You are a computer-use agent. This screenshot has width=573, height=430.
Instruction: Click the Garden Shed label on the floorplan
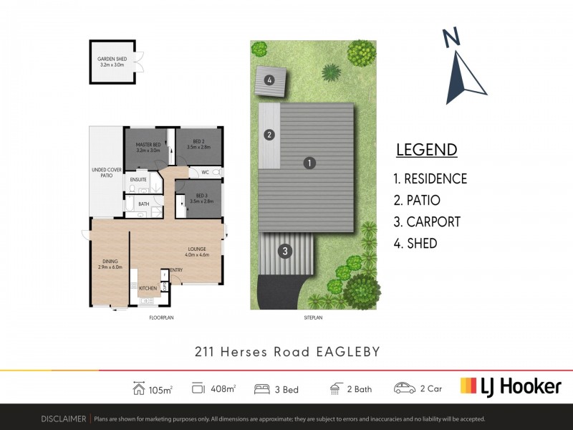pyautogui.click(x=112, y=62)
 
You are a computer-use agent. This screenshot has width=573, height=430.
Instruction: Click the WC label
pyautogui.click(x=205, y=172)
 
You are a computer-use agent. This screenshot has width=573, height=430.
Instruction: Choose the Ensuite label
pyautogui.click(x=139, y=179)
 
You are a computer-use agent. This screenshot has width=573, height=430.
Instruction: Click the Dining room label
pyautogui.click(x=110, y=264)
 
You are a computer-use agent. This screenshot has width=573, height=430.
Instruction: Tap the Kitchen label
pyautogui.click(x=148, y=288)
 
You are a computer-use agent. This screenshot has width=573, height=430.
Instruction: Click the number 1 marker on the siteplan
pyautogui.click(x=309, y=163)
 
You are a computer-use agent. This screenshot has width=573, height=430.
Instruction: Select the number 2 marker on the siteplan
pyautogui.click(x=269, y=134)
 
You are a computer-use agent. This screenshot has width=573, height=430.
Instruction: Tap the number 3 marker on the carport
pyautogui.click(x=285, y=251)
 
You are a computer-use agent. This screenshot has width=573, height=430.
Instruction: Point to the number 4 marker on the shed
pyautogui.click(x=269, y=80)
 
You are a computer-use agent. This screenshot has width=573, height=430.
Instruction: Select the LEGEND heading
pyautogui.click(x=426, y=150)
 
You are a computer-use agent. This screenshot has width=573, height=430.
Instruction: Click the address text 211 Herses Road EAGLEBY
pyautogui.click(x=286, y=352)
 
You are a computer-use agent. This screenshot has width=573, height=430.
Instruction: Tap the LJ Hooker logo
pyautogui.click(x=510, y=386)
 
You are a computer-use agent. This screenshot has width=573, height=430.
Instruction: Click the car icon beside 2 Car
pyautogui.click(x=404, y=388)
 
